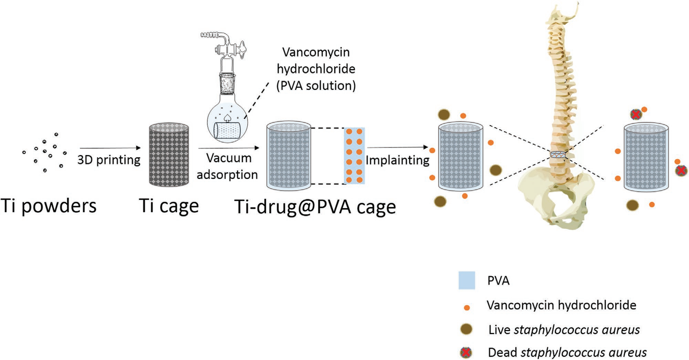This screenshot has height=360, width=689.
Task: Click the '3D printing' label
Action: pyautogui.click(x=109, y=160)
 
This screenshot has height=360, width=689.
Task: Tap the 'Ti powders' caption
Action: pyautogui.click(x=48, y=206)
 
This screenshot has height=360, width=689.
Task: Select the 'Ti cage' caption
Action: pyautogui.click(x=169, y=206)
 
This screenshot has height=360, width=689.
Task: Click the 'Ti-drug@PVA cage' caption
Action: pyautogui.click(x=315, y=207)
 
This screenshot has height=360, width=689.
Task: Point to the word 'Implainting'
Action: pyautogui.click(x=397, y=160)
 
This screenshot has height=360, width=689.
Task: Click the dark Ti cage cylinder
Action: pyautogui.click(x=169, y=155)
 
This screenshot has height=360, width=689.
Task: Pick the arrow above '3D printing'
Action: pyautogui.click(x=109, y=148)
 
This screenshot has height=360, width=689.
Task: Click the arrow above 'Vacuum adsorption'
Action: pyautogui.click(x=229, y=148)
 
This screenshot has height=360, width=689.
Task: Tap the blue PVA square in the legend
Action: pyautogui.click(x=467, y=280)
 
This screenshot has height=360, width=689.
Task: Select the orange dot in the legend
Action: pyautogui.click(x=467, y=308)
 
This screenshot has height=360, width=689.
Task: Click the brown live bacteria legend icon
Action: pyautogui.click(x=467, y=329)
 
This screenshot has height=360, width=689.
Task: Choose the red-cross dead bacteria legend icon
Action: pyautogui.click(x=466, y=352)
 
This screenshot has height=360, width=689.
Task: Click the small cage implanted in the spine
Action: pyautogui.click(x=558, y=155)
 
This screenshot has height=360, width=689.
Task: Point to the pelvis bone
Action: pyautogui.click(x=554, y=196)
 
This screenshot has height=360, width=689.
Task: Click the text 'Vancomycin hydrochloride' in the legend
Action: pyautogui.click(x=561, y=305)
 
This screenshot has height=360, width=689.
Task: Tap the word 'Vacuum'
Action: pyautogui.click(x=229, y=158)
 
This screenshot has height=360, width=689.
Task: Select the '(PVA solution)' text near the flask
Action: pyautogui.click(x=316, y=85)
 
